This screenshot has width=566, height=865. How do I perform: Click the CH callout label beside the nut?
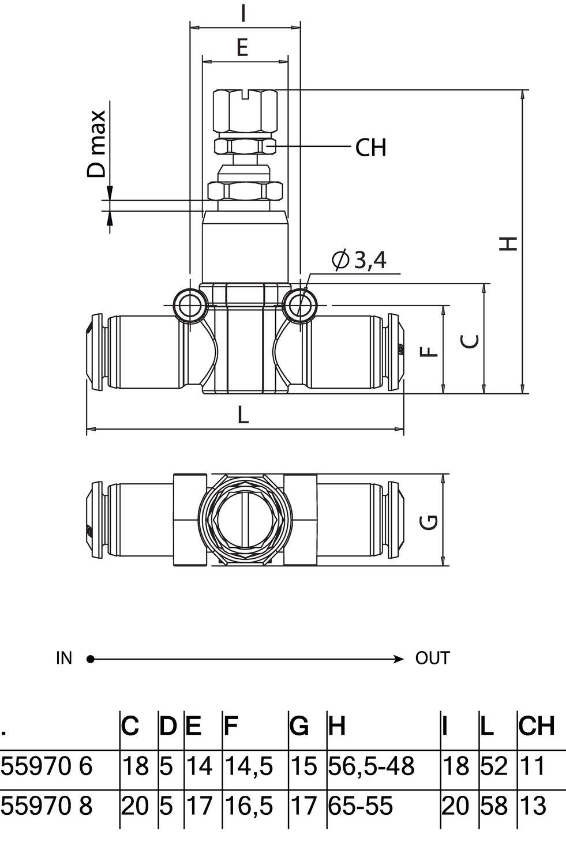370,148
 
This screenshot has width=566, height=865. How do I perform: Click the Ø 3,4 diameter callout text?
359,261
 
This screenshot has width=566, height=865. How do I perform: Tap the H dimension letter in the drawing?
508,243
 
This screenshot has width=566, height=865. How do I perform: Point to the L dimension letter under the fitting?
243,414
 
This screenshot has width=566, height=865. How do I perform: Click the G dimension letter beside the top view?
429,521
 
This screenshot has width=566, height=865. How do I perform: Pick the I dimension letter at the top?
244,13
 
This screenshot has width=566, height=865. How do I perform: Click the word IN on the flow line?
64,658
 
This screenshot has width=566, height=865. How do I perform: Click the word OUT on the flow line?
432,658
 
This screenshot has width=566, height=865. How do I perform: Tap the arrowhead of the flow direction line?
399,659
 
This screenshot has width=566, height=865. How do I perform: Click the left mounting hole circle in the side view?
189,304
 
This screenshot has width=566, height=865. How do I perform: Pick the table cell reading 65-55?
361,806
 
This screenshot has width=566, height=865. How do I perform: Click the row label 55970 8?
47,806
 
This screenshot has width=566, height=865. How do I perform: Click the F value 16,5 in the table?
248,806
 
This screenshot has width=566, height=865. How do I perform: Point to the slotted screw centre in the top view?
244,519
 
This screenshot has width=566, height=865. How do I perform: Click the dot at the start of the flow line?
90,659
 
